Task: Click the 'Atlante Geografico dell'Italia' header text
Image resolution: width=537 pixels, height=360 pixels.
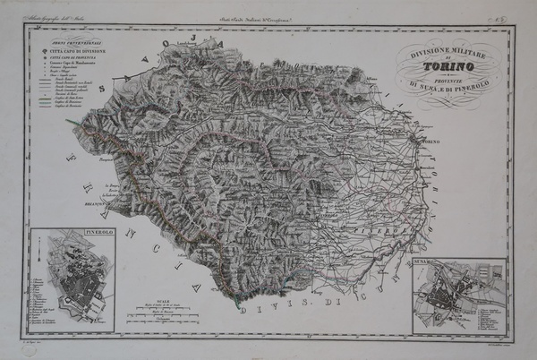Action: tap(54, 19)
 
